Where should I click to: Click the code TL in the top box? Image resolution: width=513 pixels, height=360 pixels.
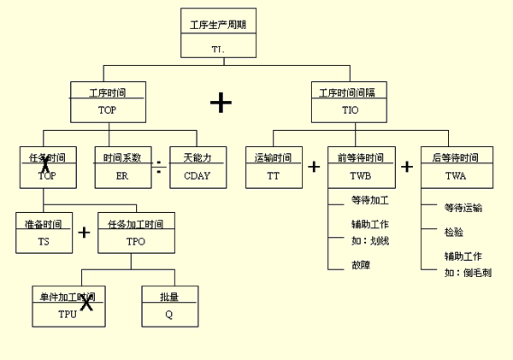point(218,50)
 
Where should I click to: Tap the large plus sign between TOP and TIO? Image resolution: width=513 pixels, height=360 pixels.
point(221,103)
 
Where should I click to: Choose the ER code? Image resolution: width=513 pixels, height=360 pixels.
point(121,176)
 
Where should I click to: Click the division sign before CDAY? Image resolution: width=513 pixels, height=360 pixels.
point(159,167)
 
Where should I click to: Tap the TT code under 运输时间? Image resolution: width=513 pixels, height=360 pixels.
point(273,176)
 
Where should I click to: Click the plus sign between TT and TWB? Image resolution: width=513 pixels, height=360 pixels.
point(314,167)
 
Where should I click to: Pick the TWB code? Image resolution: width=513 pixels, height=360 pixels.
point(362,176)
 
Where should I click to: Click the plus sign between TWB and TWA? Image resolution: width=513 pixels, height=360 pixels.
point(407,167)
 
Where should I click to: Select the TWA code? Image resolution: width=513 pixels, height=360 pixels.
point(456,176)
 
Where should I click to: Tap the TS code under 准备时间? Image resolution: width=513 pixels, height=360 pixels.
point(44,242)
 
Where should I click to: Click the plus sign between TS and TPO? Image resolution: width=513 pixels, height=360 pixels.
point(84,233)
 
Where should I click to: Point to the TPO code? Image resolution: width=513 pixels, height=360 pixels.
point(135,242)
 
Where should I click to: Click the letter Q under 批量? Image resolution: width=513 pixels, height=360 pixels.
point(168,314)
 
